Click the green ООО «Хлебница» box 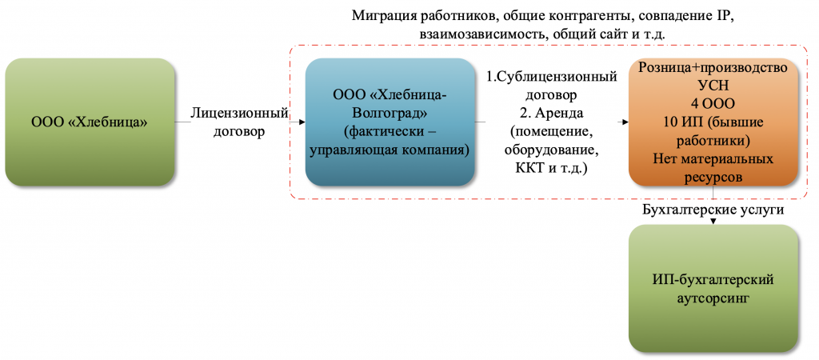pyautogui.click(x=90, y=122)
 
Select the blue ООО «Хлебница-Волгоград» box pyautogui.click(x=390, y=122)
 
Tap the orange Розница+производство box pyautogui.click(x=713, y=122)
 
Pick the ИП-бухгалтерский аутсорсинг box pyautogui.click(x=713, y=289)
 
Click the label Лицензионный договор pyautogui.click(x=240, y=122)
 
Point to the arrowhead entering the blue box pyautogui.click(x=302, y=122)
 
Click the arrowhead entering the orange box pyautogui.click(x=625, y=122)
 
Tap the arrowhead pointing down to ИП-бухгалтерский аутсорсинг pyautogui.click(x=713, y=222)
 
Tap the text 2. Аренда pyautogui.click(x=552, y=113)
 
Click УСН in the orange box pyautogui.click(x=713, y=86)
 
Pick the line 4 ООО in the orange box pyautogui.click(x=713, y=104)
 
